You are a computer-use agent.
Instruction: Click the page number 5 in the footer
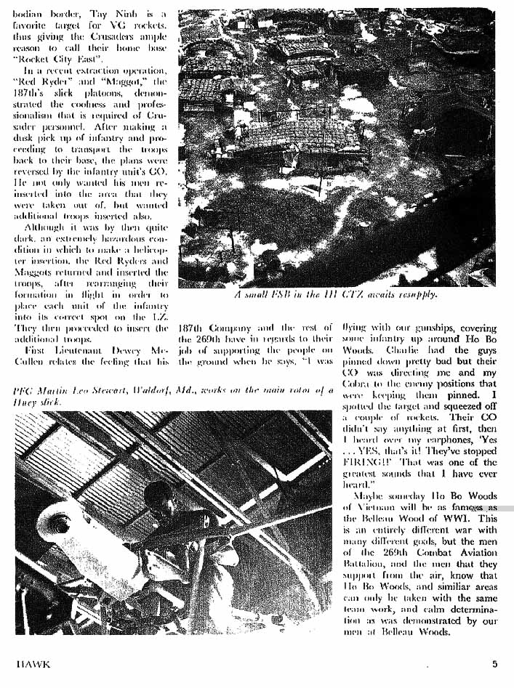pyautogui.click(x=494, y=663)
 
